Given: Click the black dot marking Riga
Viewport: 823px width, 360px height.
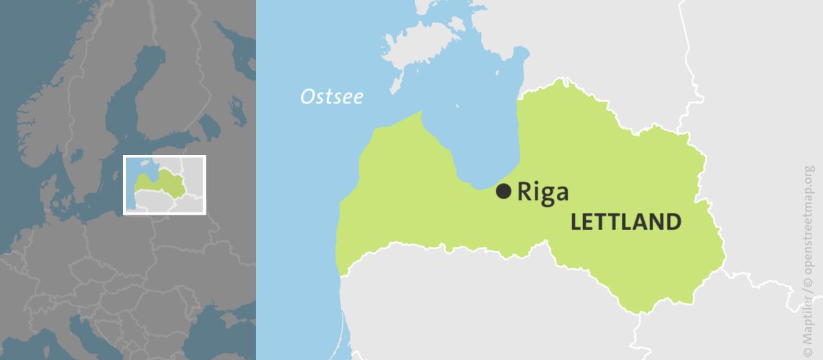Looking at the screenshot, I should (x=504, y=191).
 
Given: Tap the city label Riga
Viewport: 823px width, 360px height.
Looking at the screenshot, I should (x=543, y=192).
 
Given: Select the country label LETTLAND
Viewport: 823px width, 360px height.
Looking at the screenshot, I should (x=626, y=222).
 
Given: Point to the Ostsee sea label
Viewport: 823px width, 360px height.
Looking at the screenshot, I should (x=332, y=97).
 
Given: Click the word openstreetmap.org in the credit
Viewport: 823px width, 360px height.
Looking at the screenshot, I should (x=808, y=225).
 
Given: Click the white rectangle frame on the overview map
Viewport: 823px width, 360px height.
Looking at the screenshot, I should (x=165, y=157).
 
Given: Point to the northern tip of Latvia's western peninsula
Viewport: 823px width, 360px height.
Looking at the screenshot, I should (x=421, y=113).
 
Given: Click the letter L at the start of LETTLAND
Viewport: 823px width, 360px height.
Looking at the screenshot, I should (x=576, y=222).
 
